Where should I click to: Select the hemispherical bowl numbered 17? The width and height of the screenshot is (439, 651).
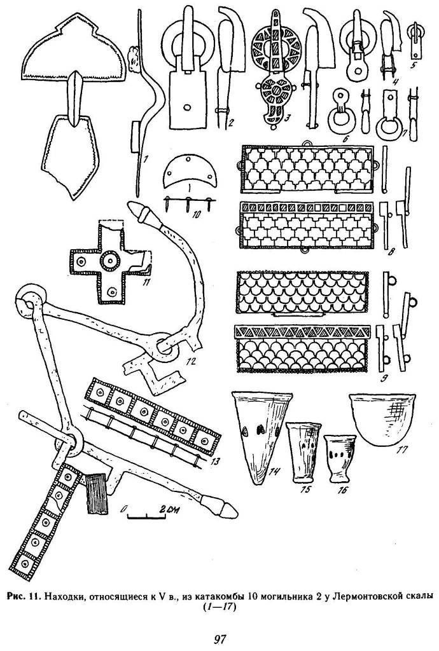(382, 420)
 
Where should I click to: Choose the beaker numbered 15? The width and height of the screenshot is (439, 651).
(304, 451)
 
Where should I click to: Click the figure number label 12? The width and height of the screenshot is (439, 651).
(192, 361)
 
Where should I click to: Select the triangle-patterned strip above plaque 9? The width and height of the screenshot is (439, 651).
(302, 331)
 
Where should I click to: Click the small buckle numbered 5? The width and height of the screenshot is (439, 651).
(415, 39)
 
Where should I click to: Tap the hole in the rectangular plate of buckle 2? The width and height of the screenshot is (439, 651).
(186, 106)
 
